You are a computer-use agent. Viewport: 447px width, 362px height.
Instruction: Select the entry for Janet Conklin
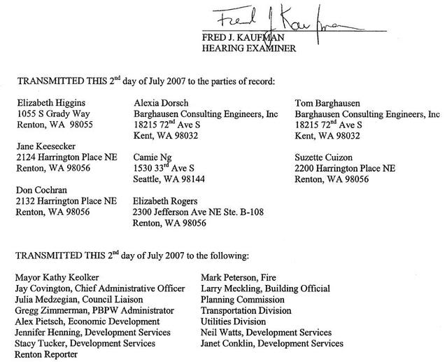pos(272,343)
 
